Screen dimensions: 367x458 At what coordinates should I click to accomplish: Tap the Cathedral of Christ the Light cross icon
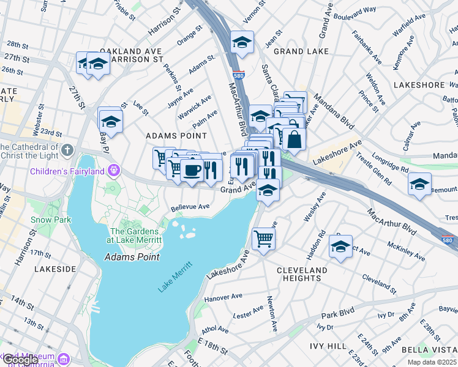[67, 150]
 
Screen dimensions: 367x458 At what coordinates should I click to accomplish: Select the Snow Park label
[51, 220]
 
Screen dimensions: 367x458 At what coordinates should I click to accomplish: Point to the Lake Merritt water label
[175, 276]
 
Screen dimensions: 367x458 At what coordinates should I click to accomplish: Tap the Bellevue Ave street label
[190, 207]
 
